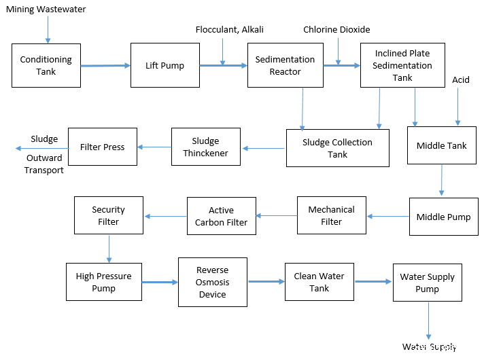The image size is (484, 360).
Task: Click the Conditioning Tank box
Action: tap(46, 65)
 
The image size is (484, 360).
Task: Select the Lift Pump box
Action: tap(165, 65)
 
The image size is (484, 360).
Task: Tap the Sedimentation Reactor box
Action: tap(286, 65)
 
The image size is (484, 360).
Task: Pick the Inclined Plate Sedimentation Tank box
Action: tap(403, 65)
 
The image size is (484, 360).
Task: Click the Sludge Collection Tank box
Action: tap(338, 148)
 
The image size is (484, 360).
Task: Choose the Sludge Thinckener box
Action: tap(206, 147)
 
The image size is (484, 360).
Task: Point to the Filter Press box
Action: tap(103, 147)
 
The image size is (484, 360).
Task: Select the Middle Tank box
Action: tap(442, 145)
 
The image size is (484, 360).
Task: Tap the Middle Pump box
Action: tap(444, 217)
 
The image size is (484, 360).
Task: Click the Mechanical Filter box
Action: tap(332, 215)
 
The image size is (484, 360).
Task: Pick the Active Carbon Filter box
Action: tap(222, 216)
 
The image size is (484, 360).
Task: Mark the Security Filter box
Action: tap(109, 215)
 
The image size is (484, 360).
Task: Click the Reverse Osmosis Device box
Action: tap(213, 283)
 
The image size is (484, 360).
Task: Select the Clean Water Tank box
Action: tap(319, 282)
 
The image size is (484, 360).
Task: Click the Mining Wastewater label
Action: tap(46, 10)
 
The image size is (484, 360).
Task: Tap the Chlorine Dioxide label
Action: tap(336, 30)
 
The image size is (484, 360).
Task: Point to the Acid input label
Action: tap(461, 80)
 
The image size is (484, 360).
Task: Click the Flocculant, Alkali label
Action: tap(230, 30)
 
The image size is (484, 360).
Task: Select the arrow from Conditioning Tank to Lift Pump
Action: tap(105, 65)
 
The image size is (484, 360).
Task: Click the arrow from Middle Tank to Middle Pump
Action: tap(442, 180)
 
